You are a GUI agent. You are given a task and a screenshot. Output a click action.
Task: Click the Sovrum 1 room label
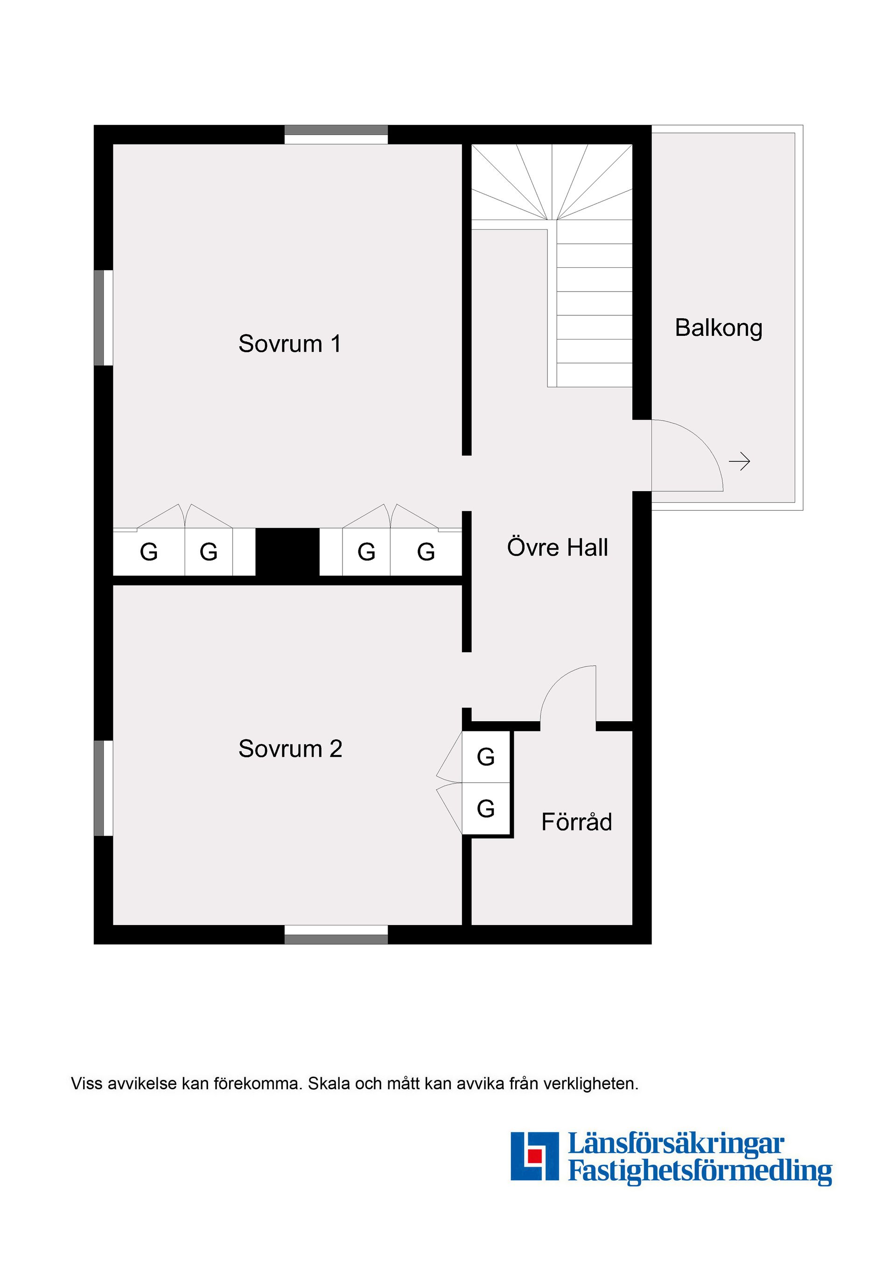pyautogui.click(x=290, y=344)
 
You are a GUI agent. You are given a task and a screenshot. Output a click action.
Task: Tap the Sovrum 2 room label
pyautogui.click(x=290, y=749)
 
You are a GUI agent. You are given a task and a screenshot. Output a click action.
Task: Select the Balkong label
pyautogui.click(x=719, y=328)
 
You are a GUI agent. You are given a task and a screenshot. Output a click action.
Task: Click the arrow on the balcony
pyautogui.click(x=740, y=461)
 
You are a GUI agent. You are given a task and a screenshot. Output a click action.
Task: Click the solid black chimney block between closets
pyautogui.click(x=287, y=552)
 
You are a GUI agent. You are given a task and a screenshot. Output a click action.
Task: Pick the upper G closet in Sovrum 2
pyautogui.click(x=486, y=757)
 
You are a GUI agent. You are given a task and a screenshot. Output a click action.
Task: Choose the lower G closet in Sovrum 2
pyautogui.click(x=486, y=808)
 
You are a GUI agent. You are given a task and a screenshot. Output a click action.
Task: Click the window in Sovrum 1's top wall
pyautogui.click(x=336, y=135)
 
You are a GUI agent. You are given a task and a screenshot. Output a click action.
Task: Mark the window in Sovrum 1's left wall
pyautogui.click(x=103, y=318)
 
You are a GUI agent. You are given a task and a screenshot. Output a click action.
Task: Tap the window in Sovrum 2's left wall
pyautogui.click(x=103, y=788)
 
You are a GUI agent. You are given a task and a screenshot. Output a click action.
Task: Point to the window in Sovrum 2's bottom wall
pyautogui.click(x=336, y=934)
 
